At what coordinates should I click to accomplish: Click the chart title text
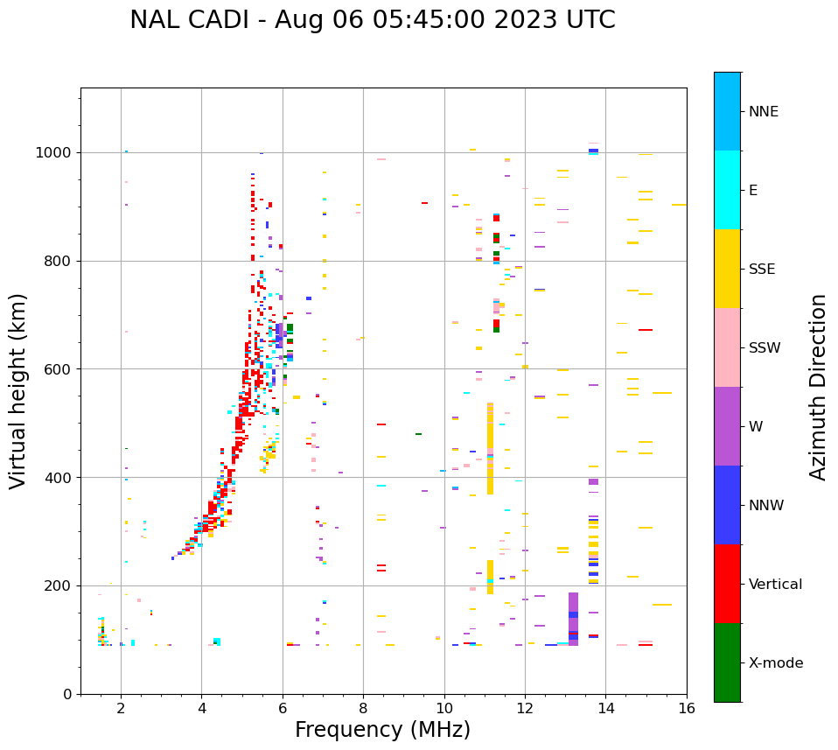pos(372,20)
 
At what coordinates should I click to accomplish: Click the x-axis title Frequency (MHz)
pos(382,730)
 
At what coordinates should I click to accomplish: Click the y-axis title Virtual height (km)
pos(18,391)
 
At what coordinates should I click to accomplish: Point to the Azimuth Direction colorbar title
pos(818,387)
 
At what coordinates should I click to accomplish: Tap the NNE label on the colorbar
pos(763,112)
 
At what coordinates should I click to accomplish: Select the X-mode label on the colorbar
pos(775,663)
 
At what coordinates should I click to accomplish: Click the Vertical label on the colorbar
pos(775,585)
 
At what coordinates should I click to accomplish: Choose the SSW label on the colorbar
pos(765,348)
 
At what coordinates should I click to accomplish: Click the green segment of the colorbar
pos(727,662)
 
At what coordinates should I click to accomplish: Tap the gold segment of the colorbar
pos(727,269)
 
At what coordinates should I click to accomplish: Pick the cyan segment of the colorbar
pos(727,190)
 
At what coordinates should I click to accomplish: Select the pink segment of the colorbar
pos(727,347)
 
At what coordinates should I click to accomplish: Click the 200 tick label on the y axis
pos(61,585)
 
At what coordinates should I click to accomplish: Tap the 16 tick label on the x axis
pos(687,708)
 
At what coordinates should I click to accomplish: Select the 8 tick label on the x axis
pos(363,708)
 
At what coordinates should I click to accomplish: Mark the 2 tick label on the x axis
pos(121,708)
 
